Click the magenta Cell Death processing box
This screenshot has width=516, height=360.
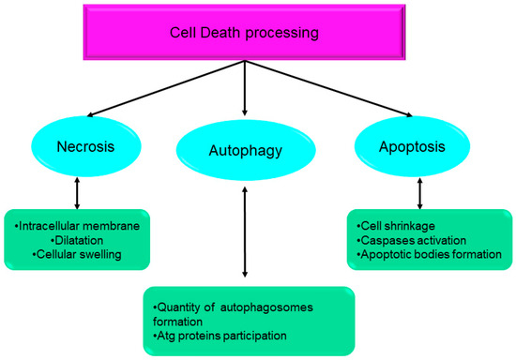pyautogui.click(x=243, y=33)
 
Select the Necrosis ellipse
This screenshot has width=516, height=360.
pyautogui.click(x=85, y=147)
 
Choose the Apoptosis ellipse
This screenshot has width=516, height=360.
pyautogui.click(x=414, y=147)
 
